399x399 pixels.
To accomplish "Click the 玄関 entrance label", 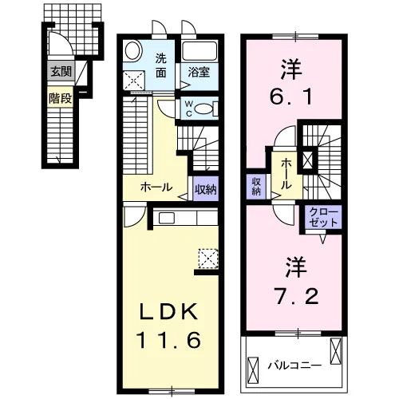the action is click(x=61, y=72).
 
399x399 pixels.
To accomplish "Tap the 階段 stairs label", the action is click(x=60, y=99).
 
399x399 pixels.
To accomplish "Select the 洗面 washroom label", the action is click(x=161, y=65).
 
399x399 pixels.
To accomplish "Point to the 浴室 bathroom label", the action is click(x=199, y=72).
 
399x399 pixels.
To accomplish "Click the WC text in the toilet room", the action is click(x=189, y=109).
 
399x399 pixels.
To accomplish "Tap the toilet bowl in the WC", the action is click(x=203, y=109).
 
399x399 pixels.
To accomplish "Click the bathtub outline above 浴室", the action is click(x=199, y=51).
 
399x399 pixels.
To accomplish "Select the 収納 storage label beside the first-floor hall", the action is click(x=206, y=189).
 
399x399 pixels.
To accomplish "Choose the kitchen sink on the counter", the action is click(x=167, y=218).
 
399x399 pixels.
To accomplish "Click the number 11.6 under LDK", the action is click(x=168, y=340).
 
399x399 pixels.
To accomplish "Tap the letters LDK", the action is click(x=168, y=311).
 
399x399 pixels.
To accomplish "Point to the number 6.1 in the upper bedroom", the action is click(x=290, y=97).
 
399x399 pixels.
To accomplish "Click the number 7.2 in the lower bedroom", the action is click(x=297, y=296).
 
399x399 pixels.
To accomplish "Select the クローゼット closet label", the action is click(x=323, y=217).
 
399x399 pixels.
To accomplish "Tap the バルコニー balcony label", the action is click(x=294, y=365).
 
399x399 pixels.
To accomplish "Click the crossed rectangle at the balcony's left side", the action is click(x=253, y=370).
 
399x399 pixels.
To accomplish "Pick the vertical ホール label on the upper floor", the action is click(x=286, y=174).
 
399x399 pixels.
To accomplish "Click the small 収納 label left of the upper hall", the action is click(x=256, y=187).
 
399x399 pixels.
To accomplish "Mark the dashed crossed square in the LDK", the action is click(x=208, y=259).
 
